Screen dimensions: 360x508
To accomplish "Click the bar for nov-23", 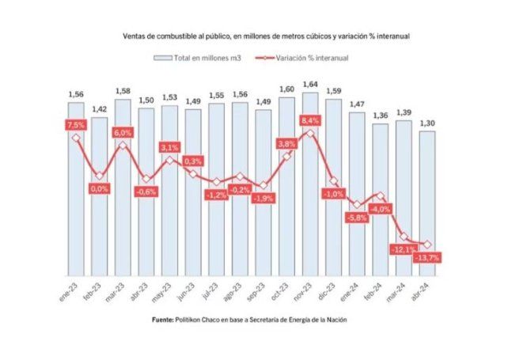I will point(310,190).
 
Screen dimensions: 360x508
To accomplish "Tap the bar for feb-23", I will point(99,198).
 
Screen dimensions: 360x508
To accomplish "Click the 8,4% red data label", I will point(309,119).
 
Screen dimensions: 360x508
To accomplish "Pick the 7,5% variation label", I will point(75,125).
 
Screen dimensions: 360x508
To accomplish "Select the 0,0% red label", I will point(99,189).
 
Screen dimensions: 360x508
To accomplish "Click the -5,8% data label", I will point(356,218).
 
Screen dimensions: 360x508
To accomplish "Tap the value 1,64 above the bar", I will point(310,84).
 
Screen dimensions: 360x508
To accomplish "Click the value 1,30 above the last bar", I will point(426,123).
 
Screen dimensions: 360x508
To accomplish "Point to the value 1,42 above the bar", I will point(99,109).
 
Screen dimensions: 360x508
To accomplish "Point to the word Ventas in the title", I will point(136,36).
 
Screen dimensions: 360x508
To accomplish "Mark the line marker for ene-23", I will point(76,138).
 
